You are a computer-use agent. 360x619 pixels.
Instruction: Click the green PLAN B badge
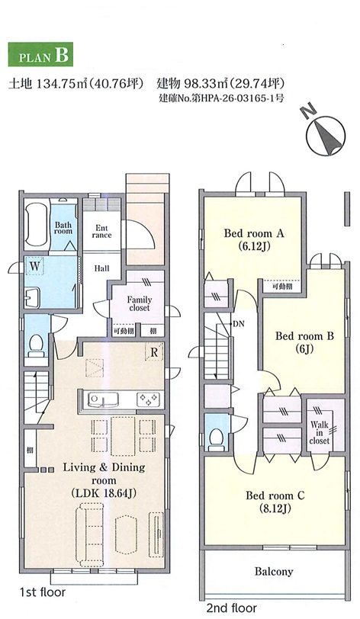40,54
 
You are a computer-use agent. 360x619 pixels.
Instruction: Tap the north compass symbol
325,133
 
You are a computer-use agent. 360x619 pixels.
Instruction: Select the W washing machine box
35,267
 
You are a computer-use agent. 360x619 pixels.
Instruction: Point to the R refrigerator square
154,351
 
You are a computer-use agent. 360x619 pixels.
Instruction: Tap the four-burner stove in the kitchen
149,399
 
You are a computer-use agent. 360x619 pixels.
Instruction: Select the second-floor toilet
217,438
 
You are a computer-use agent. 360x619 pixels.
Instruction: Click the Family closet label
139,303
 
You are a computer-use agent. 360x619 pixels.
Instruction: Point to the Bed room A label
254,239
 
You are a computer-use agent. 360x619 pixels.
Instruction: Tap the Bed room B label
304,342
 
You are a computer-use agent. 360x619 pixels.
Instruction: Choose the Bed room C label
275,502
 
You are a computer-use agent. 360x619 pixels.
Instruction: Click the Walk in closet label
320,433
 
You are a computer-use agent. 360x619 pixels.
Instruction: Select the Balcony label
274,571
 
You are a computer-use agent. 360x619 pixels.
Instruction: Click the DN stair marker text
238,324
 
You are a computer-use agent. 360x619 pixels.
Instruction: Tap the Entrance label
101,231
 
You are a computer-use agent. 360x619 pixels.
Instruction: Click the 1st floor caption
42,592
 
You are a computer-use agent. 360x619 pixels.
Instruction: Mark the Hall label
101,268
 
